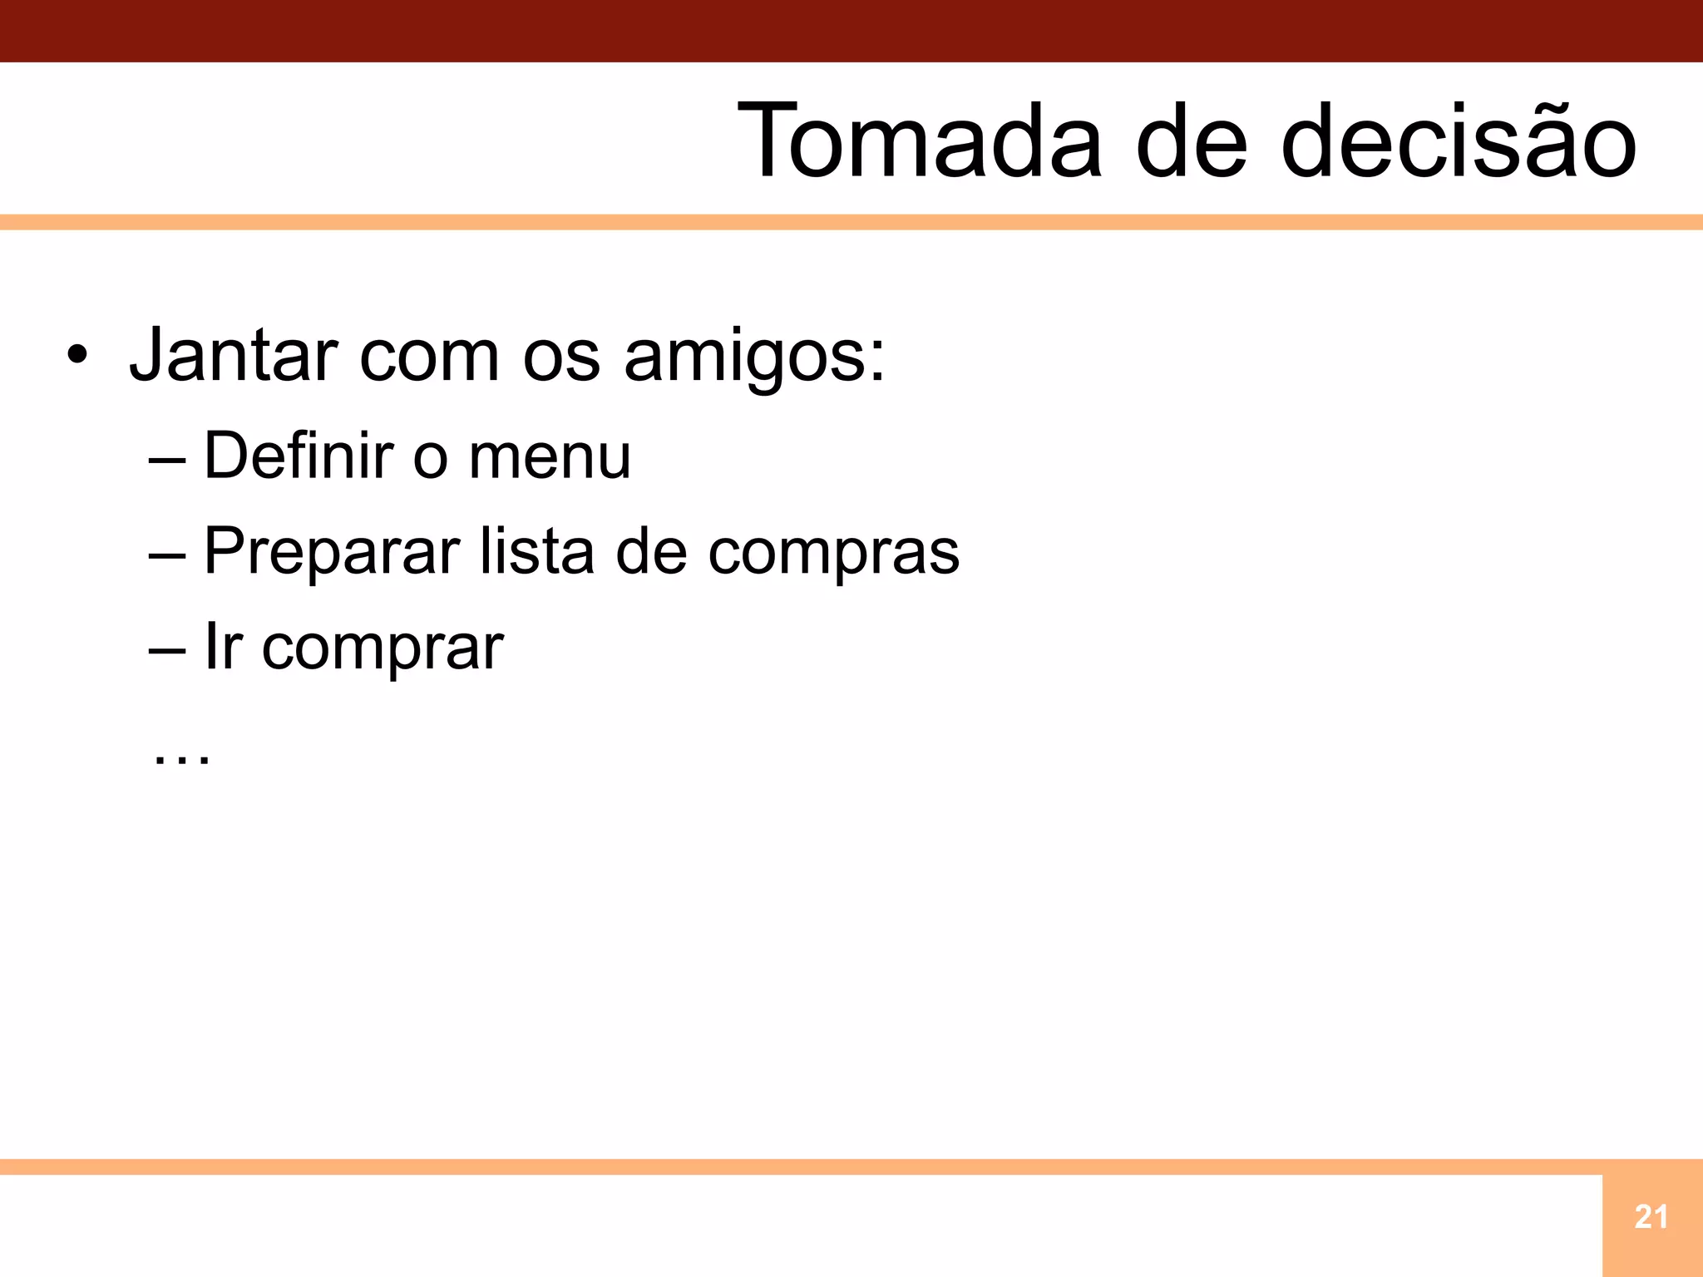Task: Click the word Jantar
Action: tap(234, 356)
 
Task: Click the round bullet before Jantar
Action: tap(77, 357)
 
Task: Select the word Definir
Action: tap(299, 456)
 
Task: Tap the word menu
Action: tap(550, 457)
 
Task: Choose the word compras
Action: tap(833, 552)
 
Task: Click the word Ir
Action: tap(223, 647)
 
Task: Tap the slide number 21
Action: tap(1651, 1217)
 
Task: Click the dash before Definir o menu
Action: tap(167, 459)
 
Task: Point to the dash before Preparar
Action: tap(167, 555)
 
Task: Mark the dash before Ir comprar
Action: tap(167, 650)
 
